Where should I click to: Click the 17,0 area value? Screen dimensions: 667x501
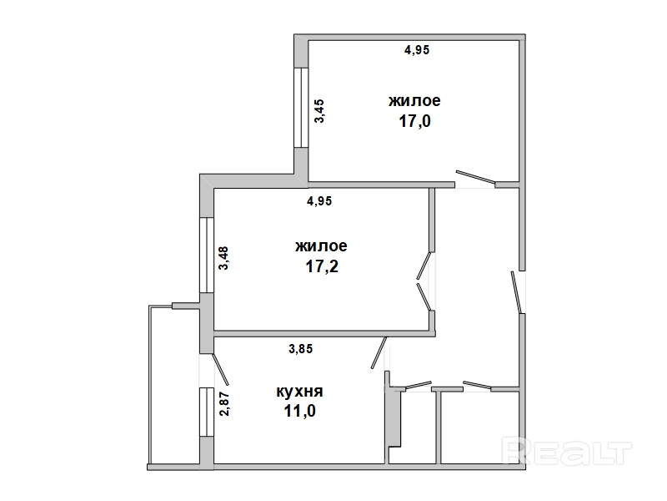click(x=414, y=121)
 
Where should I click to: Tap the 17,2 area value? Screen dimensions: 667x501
click(x=321, y=266)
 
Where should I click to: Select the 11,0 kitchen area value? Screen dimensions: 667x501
click(x=300, y=411)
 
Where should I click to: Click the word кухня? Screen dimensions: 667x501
click(x=300, y=391)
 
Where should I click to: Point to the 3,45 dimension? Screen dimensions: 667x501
click(x=319, y=111)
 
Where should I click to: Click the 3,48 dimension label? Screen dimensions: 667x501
click(x=223, y=258)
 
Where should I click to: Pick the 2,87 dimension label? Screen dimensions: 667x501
click(x=224, y=403)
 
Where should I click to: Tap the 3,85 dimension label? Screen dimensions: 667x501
click(x=301, y=349)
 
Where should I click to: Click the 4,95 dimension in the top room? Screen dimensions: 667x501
click(x=417, y=50)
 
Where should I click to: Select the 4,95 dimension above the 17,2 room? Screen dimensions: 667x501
click(x=319, y=200)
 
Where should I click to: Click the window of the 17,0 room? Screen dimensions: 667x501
click(x=301, y=108)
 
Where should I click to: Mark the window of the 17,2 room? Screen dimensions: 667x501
click(x=206, y=256)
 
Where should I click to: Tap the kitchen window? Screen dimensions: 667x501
click(x=206, y=412)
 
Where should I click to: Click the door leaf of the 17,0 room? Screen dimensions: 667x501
click(x=475, y=178)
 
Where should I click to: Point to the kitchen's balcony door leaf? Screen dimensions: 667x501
click(x=221, y=368)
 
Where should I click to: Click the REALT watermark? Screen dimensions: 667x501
click(x=567, y=452)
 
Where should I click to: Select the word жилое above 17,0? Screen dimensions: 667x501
click(x=414, y=101)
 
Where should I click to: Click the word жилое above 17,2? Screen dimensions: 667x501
click(x=321, y=246)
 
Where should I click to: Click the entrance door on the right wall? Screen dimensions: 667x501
click(x=516, y=292)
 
